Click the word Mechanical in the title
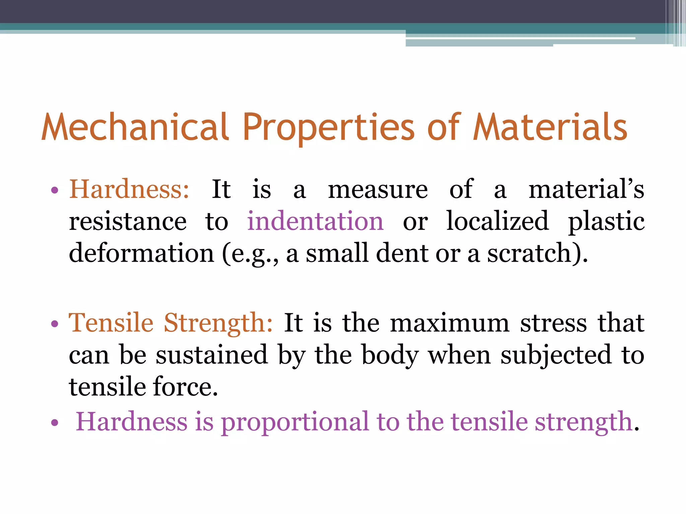click(135, 127)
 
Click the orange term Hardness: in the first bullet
click(129, 189)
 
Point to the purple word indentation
click(315, 221)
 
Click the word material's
click(586, 189)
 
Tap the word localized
click(498, 221)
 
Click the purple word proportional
click(295, 422)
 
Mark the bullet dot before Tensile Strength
click(55, 324)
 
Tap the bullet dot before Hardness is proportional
click(55, 423)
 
